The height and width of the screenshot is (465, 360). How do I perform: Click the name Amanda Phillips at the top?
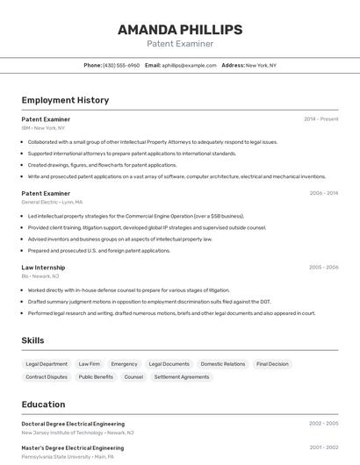pos(179,30)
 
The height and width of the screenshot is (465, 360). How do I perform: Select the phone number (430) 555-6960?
pos(121,65)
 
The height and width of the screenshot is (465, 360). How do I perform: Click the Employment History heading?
pos(65,100)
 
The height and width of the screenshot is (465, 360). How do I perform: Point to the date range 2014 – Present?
pos(320,119)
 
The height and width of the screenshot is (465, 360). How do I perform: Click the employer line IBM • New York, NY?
pos(43,128)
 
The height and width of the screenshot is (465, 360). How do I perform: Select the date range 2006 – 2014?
pos(323,193)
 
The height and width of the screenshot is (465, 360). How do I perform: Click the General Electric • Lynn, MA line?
pos(52,202)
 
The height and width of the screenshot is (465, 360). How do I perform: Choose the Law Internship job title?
pos(43,267)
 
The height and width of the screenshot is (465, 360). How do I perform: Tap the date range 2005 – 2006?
pos(323,267)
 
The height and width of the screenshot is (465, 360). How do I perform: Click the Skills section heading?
pos(33,340)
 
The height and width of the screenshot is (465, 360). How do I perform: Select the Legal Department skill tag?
pos(47,364)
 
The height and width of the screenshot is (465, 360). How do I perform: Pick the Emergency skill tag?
pos(124,364)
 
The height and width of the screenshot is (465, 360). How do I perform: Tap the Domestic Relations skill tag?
pos(223,364)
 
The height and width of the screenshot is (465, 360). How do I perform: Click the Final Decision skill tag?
pos(272,364)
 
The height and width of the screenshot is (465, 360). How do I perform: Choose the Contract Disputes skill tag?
pos(47,377)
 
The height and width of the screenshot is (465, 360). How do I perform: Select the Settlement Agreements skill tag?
pos(182,377)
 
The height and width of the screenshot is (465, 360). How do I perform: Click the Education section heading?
pos(43,404)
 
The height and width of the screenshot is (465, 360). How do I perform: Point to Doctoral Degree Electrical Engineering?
pos(73,424)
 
